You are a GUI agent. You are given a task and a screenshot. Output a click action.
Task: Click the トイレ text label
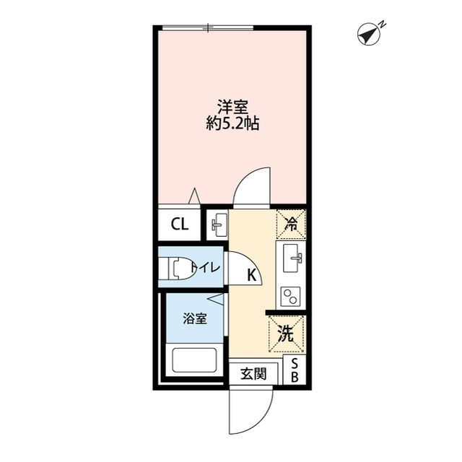click(x=208, y=269)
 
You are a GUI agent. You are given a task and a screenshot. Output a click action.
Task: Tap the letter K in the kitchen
click(x=251, y=275)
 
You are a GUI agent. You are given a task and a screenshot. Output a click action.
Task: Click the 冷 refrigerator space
click(x=291, y=224)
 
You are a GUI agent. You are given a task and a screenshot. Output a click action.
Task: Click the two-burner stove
click(x=292, y=295)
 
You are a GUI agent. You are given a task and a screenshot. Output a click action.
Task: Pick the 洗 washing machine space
click(x=286, y=334)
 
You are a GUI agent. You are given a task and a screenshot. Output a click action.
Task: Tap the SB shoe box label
click(x=297, y=370)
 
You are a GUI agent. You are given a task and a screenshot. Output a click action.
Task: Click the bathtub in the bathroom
click(x=193, y=359)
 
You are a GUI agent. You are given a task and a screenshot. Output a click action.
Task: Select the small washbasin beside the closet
click(x=217, y=225)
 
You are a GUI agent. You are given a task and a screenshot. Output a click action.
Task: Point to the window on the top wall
click(x=208, y=28)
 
